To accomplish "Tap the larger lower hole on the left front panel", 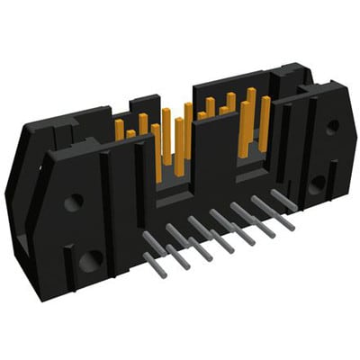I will [90, 263].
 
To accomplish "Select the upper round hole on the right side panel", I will [332, 126].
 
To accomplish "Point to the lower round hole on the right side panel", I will [318, 184].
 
